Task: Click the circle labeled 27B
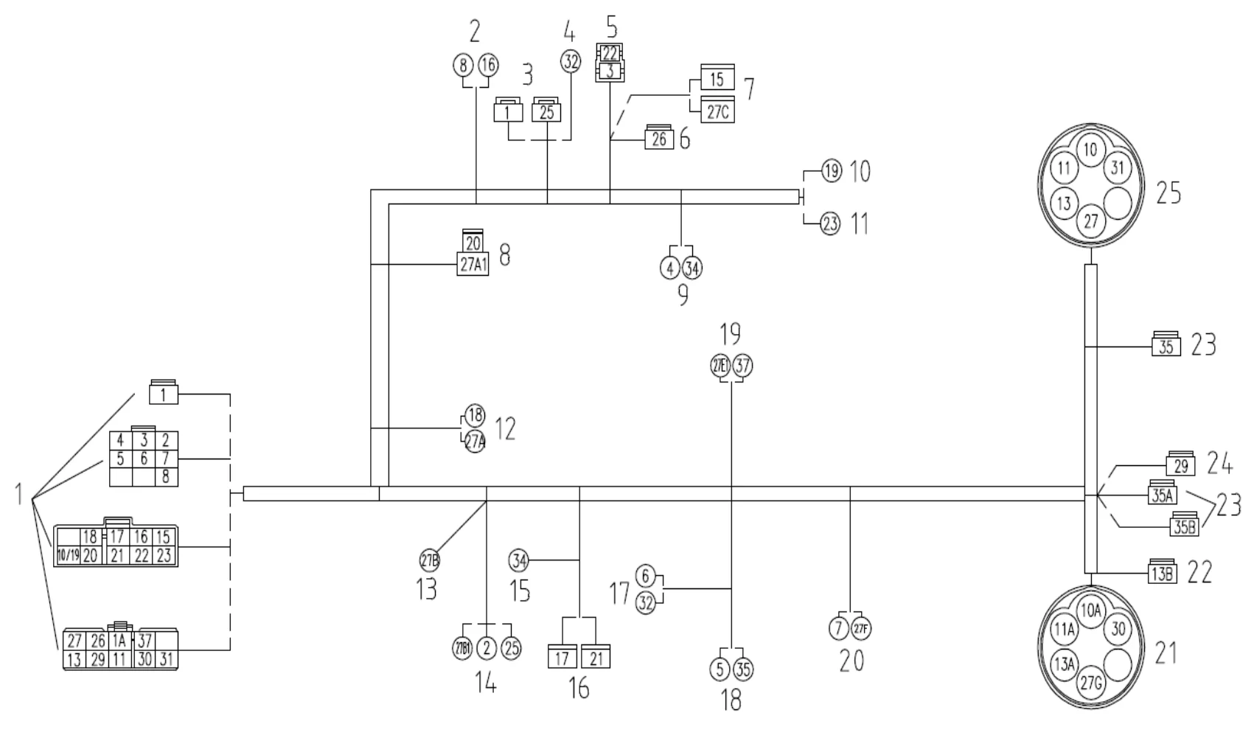click(x=430, y=561)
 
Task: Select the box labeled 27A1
click(x=473, y=265)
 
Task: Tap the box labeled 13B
click(x=1163, y=574)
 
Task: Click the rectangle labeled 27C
click(x=717, y=111)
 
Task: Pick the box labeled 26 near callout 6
click(x=659, y=138)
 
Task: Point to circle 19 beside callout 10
click(x=831, y=172)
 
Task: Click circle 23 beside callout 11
click(x=830, y=223)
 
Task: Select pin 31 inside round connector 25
click(x=1117, y=168)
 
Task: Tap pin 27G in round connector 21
click(x=1090, y=683)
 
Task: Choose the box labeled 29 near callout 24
click(x=1180, y=466)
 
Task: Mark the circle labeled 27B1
click(x=461, y=649)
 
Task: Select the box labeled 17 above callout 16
click(x=562, y=656)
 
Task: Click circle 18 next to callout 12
click(x=475, y=414)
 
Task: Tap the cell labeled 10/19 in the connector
click(x=68, y=555)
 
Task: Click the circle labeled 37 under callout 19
click(x=743, y=366)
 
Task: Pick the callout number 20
click(x=851, y=661)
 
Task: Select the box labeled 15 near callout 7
click(x=717, y=79)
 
